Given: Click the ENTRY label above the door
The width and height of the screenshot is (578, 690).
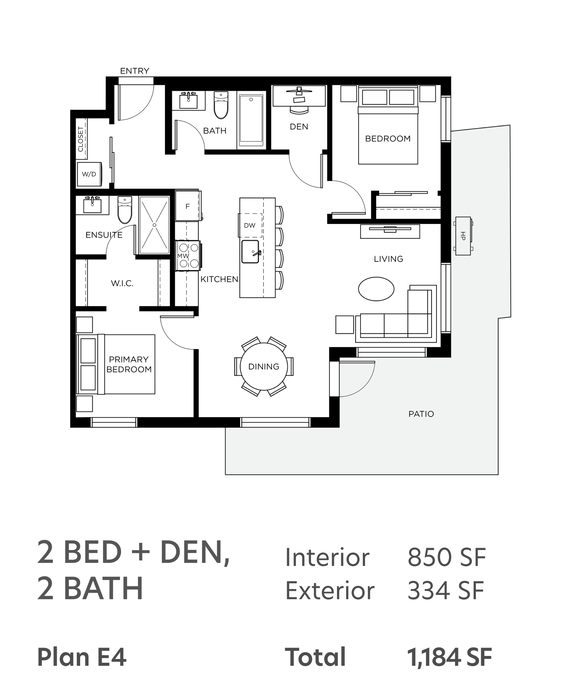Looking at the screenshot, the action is (x=135, y=71).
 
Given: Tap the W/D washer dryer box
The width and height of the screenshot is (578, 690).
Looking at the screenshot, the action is (x=89, y=174).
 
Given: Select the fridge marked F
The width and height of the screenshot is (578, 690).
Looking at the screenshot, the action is (x=187, y=206).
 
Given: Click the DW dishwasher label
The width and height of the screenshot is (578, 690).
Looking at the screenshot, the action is (x=250, y=225).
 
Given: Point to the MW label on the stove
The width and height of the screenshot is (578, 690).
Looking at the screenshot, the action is (x=183, y=256).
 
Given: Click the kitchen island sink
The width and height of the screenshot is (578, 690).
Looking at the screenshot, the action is (x=250, y=252).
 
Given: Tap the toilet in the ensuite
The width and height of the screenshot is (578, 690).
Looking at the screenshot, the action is (x=125, y=210).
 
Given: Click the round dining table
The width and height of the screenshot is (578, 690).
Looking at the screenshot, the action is (x=264, y=367).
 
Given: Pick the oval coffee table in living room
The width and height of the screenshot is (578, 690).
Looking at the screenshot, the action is (x=376, y=289).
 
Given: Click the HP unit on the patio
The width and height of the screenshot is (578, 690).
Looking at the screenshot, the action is (x=463, y=236).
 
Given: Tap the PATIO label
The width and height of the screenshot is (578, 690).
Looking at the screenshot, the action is (x=421, y=414).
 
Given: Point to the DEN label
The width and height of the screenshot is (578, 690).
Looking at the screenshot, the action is (x=299, y=127).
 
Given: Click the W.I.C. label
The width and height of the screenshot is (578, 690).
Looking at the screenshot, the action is (x=122, y=283).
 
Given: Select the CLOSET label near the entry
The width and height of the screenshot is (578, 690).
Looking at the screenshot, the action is (x=81, y=139).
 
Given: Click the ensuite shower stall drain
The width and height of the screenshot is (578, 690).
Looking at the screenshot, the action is (x=154, y=225).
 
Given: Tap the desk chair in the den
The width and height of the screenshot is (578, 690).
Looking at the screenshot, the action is (x=299, y=109).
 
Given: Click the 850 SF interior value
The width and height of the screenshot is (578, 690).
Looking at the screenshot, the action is (x=446, y=557).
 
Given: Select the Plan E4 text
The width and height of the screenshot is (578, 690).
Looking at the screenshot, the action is (x=82, y=657).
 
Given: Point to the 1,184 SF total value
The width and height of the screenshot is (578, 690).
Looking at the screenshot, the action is (x=449, y=657).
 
